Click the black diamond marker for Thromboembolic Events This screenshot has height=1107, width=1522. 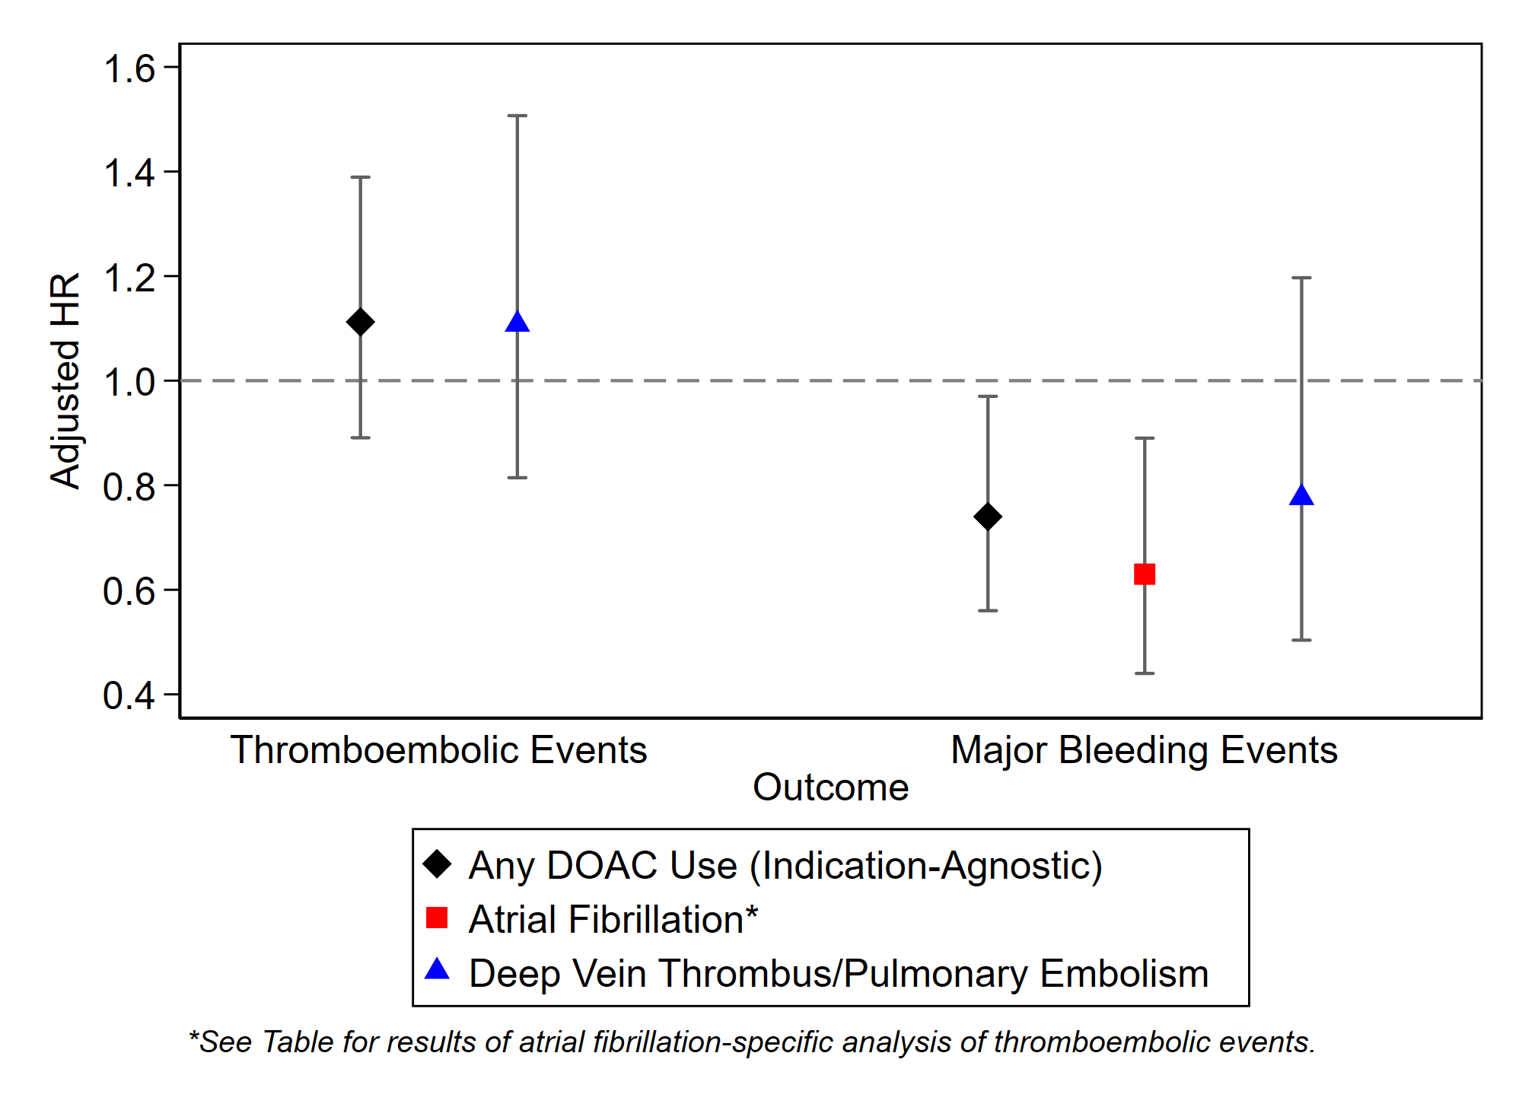(x=360, y=322)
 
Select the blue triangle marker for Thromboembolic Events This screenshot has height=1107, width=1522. (x=517, y=323)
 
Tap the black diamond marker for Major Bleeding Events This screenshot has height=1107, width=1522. (x=988, y=517)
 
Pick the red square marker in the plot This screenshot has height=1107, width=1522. (x=1145, y=574)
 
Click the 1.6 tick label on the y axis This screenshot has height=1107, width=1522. (x=129, y=68)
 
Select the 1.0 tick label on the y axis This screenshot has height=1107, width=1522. (x=129, y=382)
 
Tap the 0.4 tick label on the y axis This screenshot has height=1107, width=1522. (x=129, y=695)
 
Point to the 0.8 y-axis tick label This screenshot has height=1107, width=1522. (x=129, y=487)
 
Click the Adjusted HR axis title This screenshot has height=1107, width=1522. (x=65, y=380)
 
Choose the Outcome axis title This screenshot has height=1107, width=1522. (x=830, y=787)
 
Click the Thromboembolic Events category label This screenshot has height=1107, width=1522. (x=438, y=750)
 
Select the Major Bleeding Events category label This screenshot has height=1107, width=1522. (x=1144, y=750)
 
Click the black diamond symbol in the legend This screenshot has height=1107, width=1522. (x=438, y=864)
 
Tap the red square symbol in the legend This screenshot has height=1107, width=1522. (x=437, y=918)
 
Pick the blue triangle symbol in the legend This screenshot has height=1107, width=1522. (x=437, y=970)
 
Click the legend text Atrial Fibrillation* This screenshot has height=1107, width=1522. (x=613, y=919)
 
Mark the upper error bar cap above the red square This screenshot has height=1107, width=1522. (x=1145, y=438)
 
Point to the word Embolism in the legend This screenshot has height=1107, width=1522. (x=1125, y=974)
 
